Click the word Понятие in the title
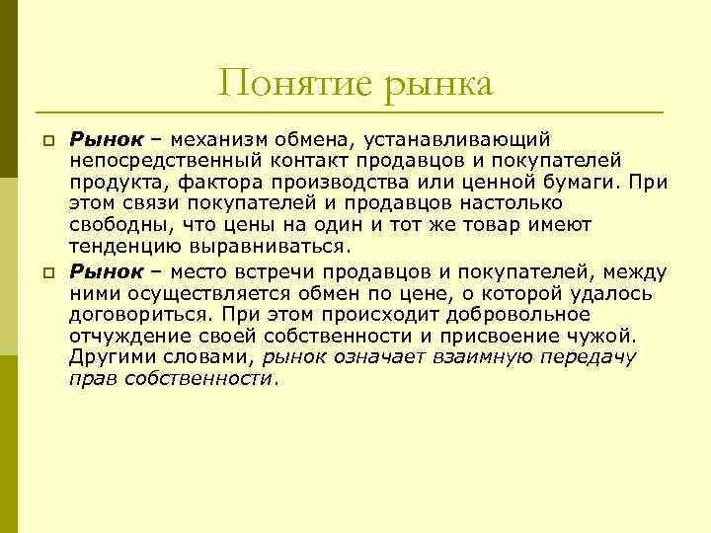point(285,83)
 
